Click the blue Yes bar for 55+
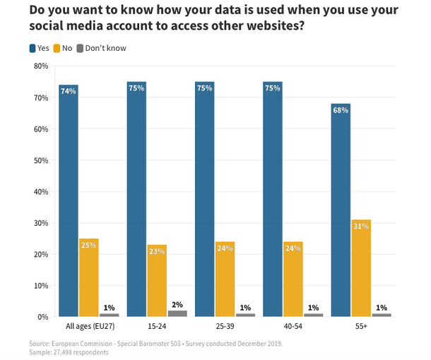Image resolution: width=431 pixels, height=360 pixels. point(340,210)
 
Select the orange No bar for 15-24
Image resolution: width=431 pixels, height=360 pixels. point(157,281)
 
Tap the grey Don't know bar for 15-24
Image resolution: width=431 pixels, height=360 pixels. point(177,313)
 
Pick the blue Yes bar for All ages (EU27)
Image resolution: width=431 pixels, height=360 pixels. point(69,201)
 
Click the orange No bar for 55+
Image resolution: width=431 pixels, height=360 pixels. point(360,268)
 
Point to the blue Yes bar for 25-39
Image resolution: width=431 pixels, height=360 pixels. point(204,199)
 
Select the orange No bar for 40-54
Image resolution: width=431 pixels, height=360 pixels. point(293,279)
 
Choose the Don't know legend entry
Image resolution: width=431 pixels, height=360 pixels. point(101,48)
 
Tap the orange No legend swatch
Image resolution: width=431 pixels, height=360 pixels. point(57,48)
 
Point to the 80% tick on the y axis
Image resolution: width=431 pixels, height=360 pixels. point(40,66)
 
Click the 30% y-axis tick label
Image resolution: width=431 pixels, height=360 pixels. point(40,223)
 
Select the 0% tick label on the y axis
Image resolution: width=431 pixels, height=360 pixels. point(42,317)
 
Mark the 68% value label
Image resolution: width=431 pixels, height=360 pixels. point(340,110)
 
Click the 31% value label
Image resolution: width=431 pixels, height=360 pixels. point(360,226)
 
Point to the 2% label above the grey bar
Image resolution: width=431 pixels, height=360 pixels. point(177,305)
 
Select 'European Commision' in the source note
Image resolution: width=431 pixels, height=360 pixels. point(84,343)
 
